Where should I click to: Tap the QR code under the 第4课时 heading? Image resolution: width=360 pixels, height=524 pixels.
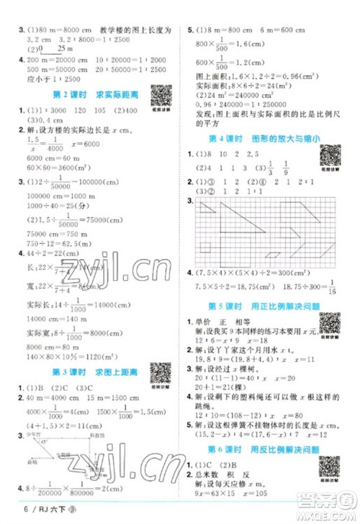330,154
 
